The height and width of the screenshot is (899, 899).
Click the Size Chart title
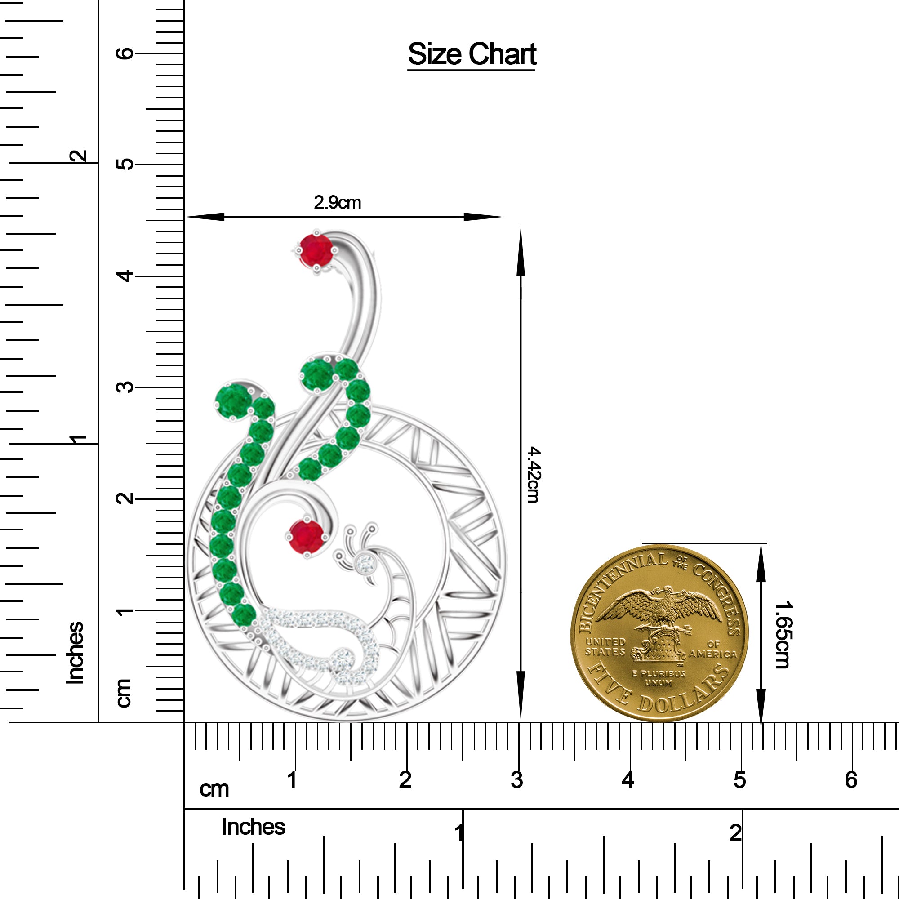pos(472,54)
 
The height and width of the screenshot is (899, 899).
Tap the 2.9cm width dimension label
pos(338,202)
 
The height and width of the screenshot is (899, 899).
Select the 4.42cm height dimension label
pos(534,475)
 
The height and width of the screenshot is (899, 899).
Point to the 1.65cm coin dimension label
pos(782,635)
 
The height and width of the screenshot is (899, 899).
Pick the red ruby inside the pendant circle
pos(306,536)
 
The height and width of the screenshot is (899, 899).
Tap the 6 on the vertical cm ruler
pos(125,53)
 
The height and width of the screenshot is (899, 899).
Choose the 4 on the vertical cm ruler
pos(125,276)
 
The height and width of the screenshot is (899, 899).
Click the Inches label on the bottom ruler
pos(253,827)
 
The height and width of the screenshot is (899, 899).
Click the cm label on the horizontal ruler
pos(214,789)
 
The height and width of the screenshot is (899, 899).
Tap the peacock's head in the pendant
pos(362,564)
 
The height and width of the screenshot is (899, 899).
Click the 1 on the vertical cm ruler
pos(125,610)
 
